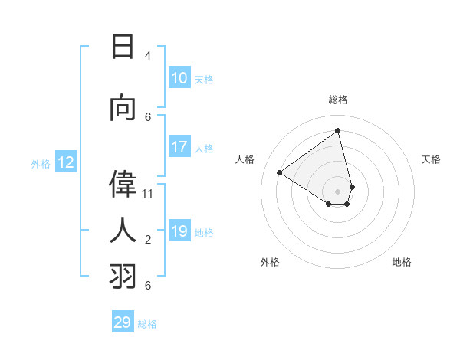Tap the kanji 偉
pos(123,185)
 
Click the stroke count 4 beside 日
pos(148,56)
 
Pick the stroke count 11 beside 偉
pos(148,193)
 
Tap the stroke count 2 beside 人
pos(148,240)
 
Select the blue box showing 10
pos(179,78)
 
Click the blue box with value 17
pos(179,147)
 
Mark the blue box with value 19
pos(179,231)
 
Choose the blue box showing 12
pos(66,162)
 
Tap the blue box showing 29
pos(123,322)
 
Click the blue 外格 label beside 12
pos(41,163)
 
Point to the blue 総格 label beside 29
pos(147,324)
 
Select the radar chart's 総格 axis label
pos(338,100)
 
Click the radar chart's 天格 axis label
pos(432,159)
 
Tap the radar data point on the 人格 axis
pos(280,173)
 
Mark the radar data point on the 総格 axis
pos(338,131)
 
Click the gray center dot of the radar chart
pos(338,191)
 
